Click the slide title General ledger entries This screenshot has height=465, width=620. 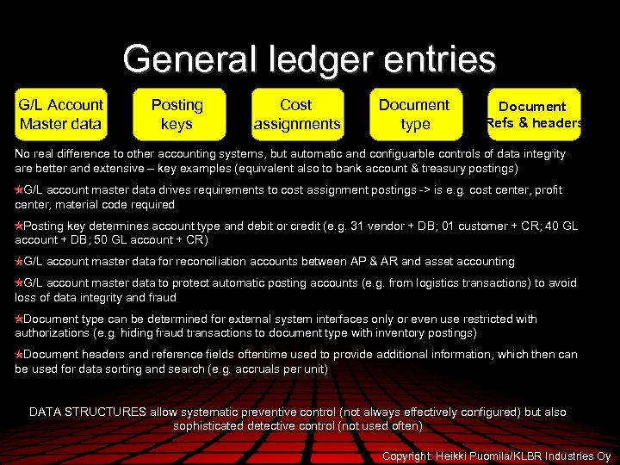309,59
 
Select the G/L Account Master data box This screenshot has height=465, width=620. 61,115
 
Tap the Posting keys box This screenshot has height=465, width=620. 177,115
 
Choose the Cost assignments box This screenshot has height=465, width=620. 296,115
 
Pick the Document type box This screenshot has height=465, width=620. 414,115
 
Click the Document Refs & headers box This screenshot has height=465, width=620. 534,115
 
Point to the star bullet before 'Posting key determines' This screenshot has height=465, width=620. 19,226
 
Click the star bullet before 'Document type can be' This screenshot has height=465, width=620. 19,319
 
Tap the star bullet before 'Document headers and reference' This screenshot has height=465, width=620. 19,355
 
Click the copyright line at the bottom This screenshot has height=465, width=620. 496,456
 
